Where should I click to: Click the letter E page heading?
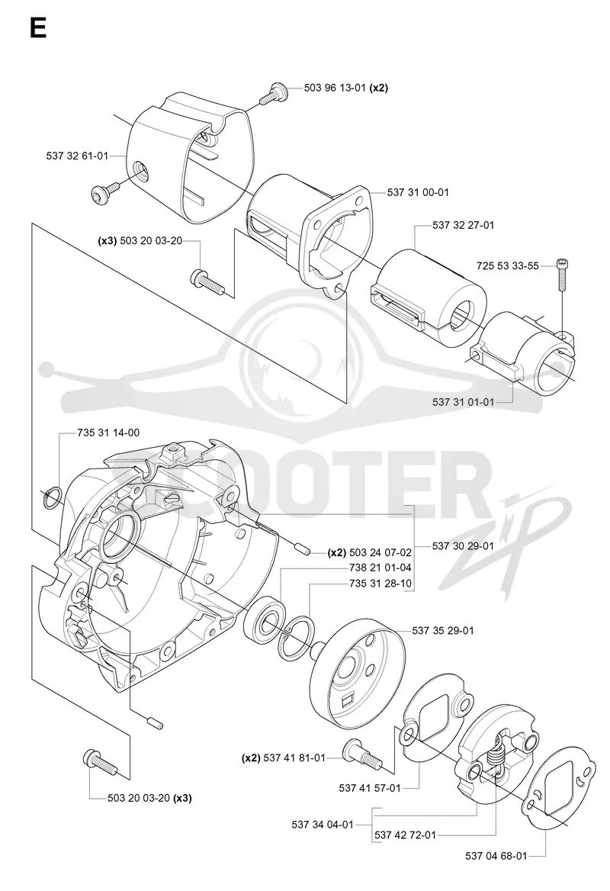click(38, 27)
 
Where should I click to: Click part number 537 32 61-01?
click(77, 155)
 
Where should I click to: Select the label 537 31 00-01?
click(418, 192)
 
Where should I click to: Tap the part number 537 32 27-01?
click(464, 225)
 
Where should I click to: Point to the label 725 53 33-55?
click(508, 265)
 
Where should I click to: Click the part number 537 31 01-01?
click(464, 402)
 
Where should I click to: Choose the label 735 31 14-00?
click(108, 433)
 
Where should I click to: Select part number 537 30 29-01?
click(463, 545)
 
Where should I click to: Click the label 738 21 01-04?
click(380, 567)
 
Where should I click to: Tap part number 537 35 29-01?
click(443, 630)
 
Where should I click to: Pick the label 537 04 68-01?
click(496, 856)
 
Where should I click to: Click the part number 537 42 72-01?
click(406, 835)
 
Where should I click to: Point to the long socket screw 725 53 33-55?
click(562, 275)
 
